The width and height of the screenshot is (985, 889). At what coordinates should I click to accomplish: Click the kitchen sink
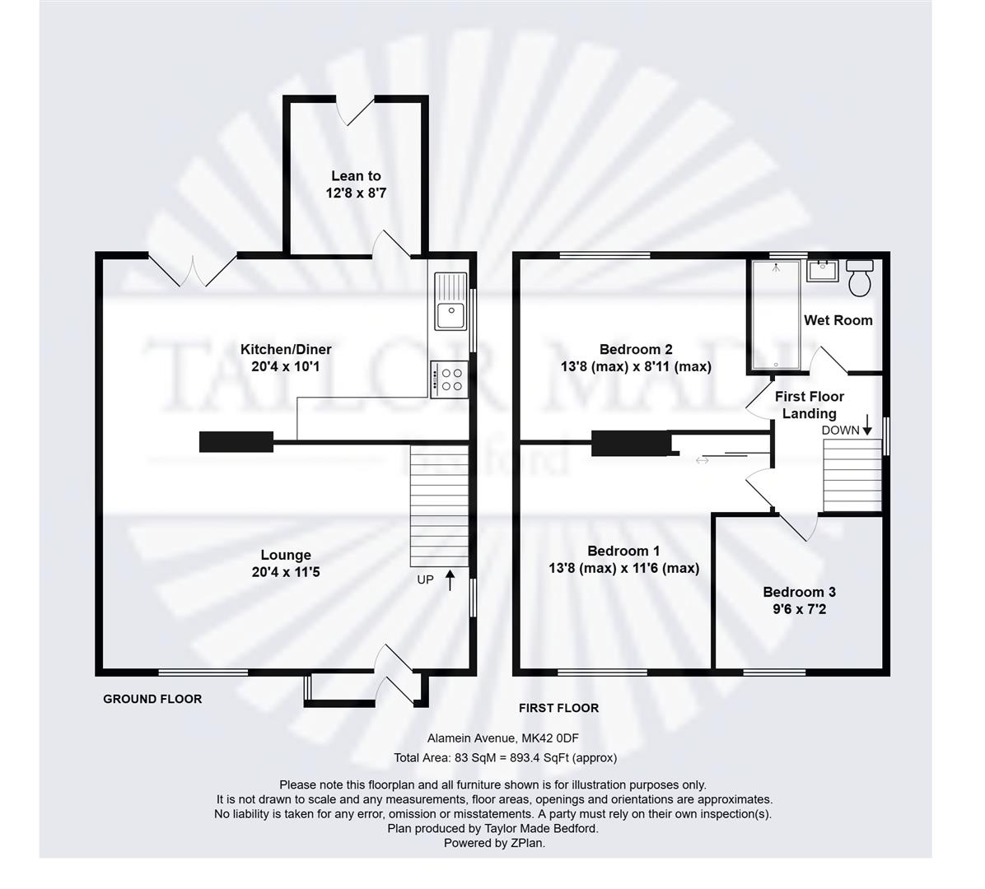[x=450, y=301]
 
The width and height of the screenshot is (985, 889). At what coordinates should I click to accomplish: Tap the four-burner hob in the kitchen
[x=450, y=379]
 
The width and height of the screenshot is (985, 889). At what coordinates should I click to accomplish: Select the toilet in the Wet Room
[x=859, y=277]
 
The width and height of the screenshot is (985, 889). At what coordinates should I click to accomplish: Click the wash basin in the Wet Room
[x=822, y=271]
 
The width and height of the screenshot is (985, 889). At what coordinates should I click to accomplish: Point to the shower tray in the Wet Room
[x=776, y=314]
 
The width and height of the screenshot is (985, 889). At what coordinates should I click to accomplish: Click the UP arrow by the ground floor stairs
[x=450, y=580]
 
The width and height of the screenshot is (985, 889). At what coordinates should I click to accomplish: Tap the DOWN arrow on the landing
[x=867, y=425]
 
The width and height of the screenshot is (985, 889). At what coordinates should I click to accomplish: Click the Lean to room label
[x=356, y=176]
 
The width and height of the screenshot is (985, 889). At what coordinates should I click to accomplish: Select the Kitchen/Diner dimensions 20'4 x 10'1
[x=286, y=366]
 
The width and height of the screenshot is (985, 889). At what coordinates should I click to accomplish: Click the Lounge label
[x=286, y=555]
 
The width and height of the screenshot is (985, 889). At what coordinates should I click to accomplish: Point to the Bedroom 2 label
[x=636, y=349]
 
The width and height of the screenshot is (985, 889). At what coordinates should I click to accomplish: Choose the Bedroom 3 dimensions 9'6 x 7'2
[x=799, y=608]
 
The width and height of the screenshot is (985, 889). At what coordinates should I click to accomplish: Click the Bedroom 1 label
[x=623, y=551]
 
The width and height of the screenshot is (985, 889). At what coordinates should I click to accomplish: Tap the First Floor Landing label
[x=809, y=405]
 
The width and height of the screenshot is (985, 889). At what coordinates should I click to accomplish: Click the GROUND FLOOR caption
[x=152, y=699]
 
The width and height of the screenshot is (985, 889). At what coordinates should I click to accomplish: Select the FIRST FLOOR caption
[x=558, y=708]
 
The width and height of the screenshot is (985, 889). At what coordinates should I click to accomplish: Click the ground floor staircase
[x=440, y=506]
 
